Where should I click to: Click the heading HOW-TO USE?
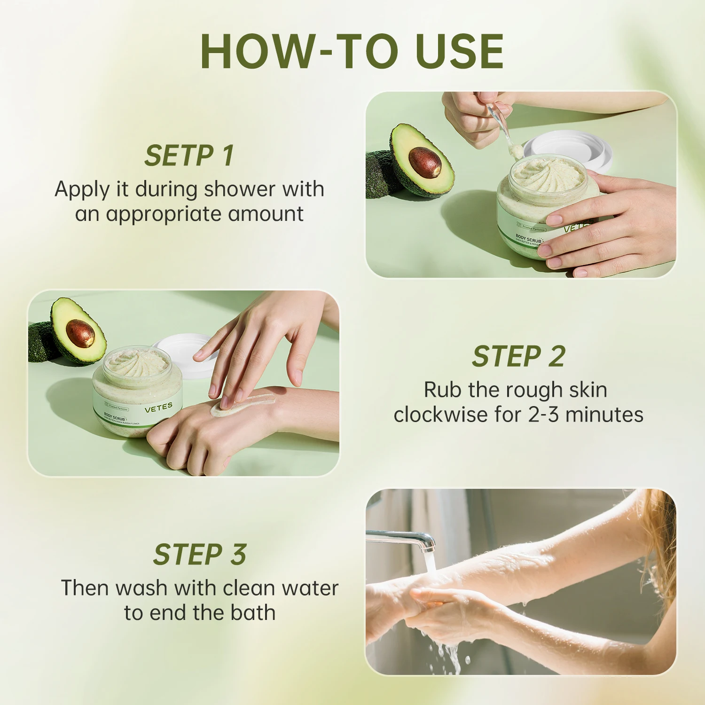click(352, 51)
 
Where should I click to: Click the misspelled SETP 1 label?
click(189, 156)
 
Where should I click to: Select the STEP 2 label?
click(518, 356)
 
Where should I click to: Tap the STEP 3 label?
click(200, 555)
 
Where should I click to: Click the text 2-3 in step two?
click(544, 415)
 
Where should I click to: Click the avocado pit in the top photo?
click(425, 162)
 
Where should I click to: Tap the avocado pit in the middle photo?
click(80, 333)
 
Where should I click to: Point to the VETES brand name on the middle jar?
click(158, 407)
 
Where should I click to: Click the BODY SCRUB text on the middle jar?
click(115, 416)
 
